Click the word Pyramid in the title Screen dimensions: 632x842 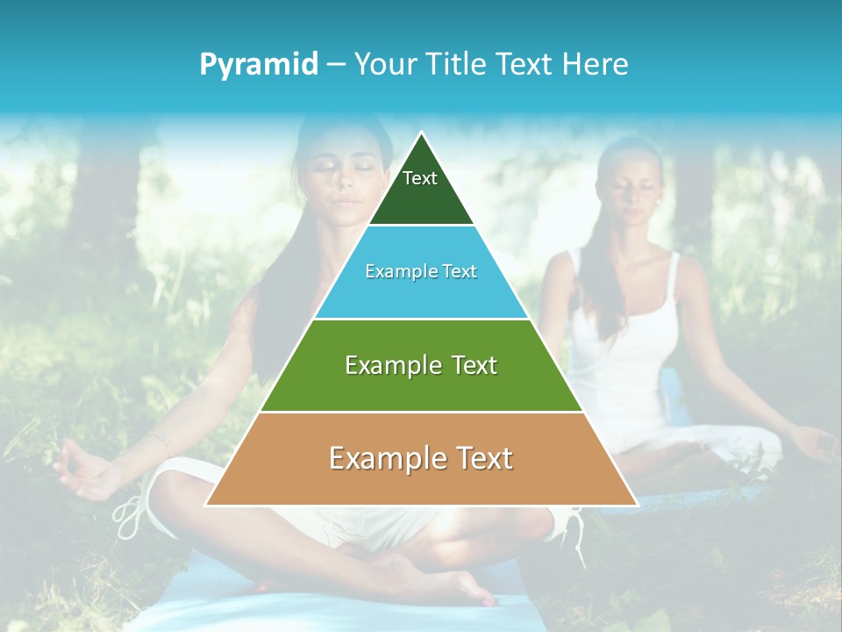258,65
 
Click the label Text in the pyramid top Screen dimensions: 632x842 420,178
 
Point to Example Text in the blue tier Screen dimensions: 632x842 421,271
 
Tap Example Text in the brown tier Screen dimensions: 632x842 421,458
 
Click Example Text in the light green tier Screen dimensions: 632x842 421,365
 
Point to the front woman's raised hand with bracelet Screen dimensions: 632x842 88,470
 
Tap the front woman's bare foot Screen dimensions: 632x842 456,585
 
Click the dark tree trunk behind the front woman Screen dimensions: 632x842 110,202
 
